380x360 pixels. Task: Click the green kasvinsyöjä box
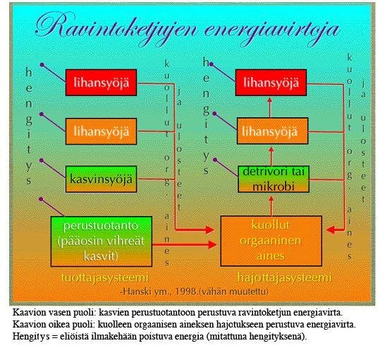coord(101,179)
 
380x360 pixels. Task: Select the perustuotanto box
coord(102,241)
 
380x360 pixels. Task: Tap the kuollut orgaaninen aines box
coord(271,241)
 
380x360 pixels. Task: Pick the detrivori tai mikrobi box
coord(274,179)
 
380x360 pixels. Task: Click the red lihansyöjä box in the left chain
coord(101,83)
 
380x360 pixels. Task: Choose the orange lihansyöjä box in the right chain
coord(272,131)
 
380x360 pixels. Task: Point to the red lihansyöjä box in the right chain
coord(271,83)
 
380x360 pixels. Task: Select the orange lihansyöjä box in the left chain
coord(101,131)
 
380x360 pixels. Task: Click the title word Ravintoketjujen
coord(117,28)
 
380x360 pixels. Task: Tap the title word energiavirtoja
coord(272,32)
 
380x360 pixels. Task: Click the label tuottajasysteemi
coord(104,277)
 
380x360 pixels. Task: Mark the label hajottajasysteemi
coord(285,277)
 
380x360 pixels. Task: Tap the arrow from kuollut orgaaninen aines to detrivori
coord(271,206)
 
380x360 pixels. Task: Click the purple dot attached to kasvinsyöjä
coord(42,160)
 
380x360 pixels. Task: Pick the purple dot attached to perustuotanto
coord(41,199)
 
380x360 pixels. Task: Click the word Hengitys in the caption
coord(31,337)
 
